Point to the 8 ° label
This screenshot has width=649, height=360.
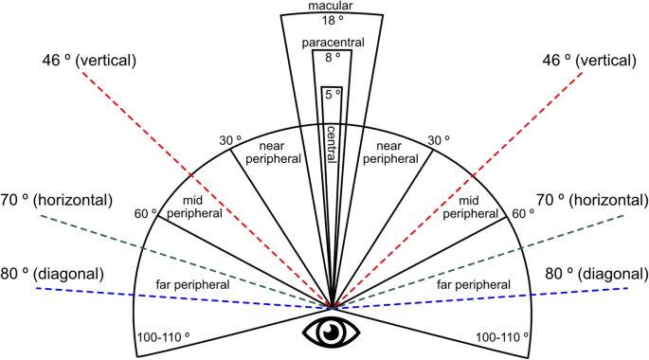click(x=332, y=59)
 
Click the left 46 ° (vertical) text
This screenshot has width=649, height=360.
click(x=89, y=61)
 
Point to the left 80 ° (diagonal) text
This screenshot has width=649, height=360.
click(x=65, y=274)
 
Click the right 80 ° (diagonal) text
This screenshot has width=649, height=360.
click(x=597, y=274)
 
